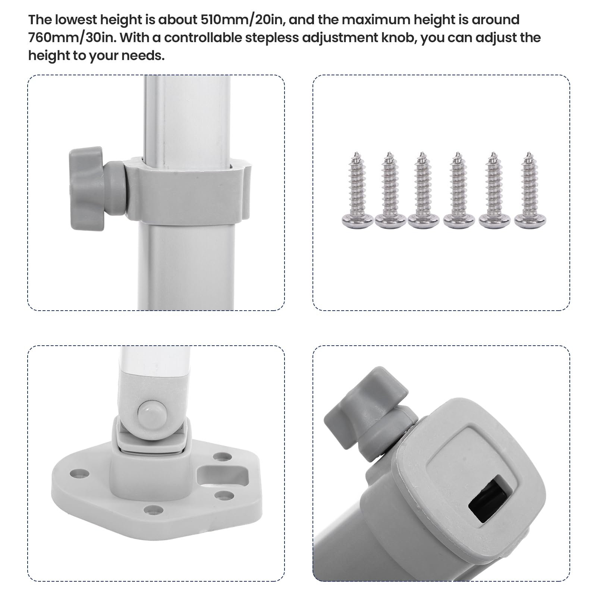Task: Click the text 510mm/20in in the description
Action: point(243,19)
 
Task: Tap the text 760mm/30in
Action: point(71,38)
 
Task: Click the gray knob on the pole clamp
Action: point(87,188)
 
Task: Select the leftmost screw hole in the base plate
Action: point(80,474)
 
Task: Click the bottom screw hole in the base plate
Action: point(153,509)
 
